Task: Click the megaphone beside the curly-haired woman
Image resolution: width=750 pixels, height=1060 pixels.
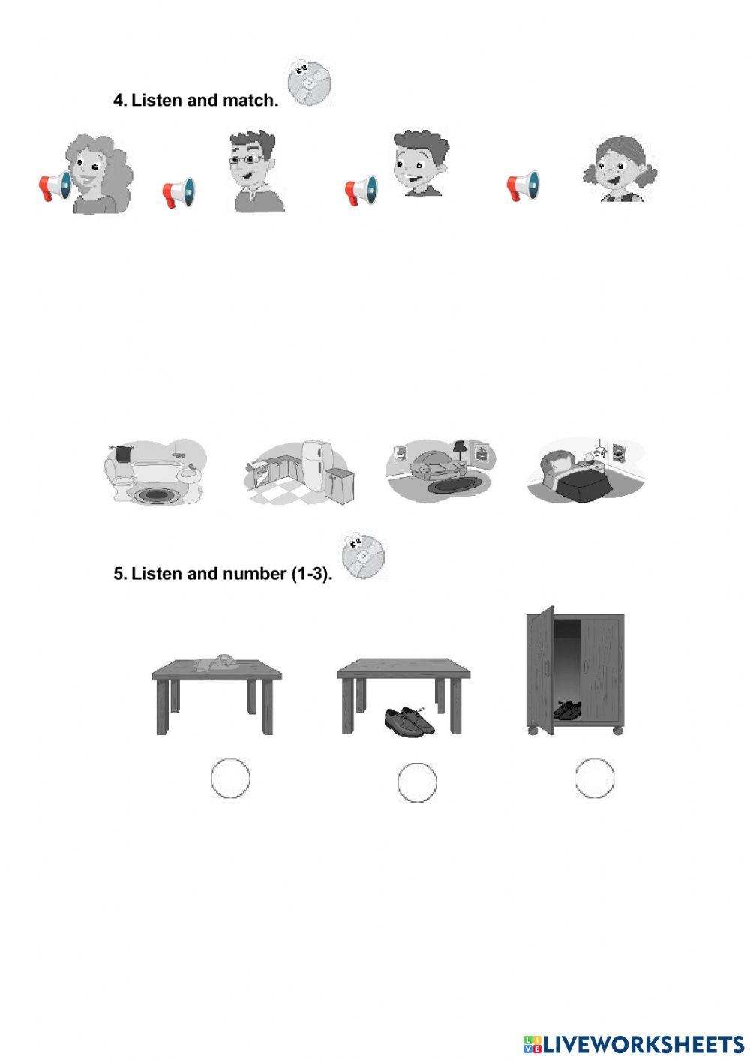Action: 55,185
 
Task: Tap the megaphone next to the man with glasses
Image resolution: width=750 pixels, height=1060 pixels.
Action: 178,193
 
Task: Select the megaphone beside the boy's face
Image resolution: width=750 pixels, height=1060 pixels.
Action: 361,191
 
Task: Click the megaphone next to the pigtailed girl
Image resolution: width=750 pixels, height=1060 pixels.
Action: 523,185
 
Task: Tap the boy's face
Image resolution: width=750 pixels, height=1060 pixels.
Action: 420,164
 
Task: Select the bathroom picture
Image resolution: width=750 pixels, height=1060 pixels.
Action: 154,471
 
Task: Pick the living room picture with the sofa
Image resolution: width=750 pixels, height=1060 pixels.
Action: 441,469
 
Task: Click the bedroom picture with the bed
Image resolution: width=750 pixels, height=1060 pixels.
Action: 585,470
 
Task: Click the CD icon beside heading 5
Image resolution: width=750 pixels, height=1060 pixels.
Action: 363,556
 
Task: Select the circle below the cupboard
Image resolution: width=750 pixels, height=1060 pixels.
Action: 595,777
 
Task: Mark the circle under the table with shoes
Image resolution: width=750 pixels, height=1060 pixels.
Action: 417,782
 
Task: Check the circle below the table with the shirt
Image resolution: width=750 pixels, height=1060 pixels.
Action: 230,778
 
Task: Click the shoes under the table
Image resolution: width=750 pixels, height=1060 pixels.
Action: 409,720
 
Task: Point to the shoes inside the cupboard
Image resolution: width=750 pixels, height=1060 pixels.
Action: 568,709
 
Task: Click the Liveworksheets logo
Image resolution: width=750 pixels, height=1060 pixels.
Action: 633,1043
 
